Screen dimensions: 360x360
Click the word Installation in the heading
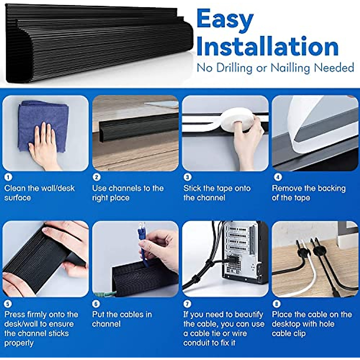(x=267, y=47)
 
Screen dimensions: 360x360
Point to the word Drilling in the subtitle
(x=230, y=68)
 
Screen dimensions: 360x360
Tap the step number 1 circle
(x=8, y=177)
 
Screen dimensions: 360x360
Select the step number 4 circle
(x=278, y=177)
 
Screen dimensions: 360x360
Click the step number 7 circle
(x=187, y=304)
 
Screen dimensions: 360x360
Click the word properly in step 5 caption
(x=19, y=343)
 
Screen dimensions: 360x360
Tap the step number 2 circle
(x=96, y=177)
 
